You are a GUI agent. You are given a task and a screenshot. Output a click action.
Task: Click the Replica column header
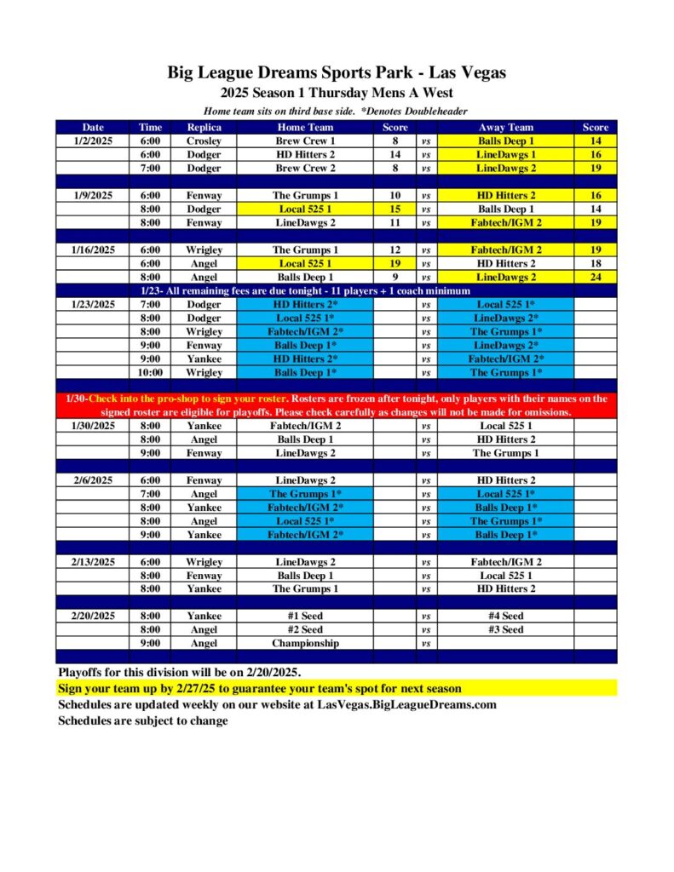click(204, 127)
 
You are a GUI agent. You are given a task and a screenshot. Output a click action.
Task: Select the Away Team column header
click(505, 127)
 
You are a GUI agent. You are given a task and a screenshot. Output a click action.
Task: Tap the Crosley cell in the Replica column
click(204, 141)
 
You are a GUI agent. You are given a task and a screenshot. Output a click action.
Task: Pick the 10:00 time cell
click(150, 372)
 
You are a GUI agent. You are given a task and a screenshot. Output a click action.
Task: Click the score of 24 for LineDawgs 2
click(595, 277)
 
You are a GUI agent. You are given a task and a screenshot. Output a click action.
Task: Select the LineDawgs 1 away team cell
click(505, 154)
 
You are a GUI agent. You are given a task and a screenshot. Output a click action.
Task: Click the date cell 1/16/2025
click(92, 250)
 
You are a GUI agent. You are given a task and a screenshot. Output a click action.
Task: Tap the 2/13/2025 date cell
click(92, 562)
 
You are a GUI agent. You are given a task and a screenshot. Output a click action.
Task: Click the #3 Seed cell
click(505, 629)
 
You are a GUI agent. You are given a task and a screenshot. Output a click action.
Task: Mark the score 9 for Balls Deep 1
click(395, 277)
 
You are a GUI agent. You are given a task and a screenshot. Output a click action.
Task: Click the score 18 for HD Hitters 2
click(595, 263)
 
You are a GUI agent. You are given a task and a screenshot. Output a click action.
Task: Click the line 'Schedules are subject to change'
click(143, 720)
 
